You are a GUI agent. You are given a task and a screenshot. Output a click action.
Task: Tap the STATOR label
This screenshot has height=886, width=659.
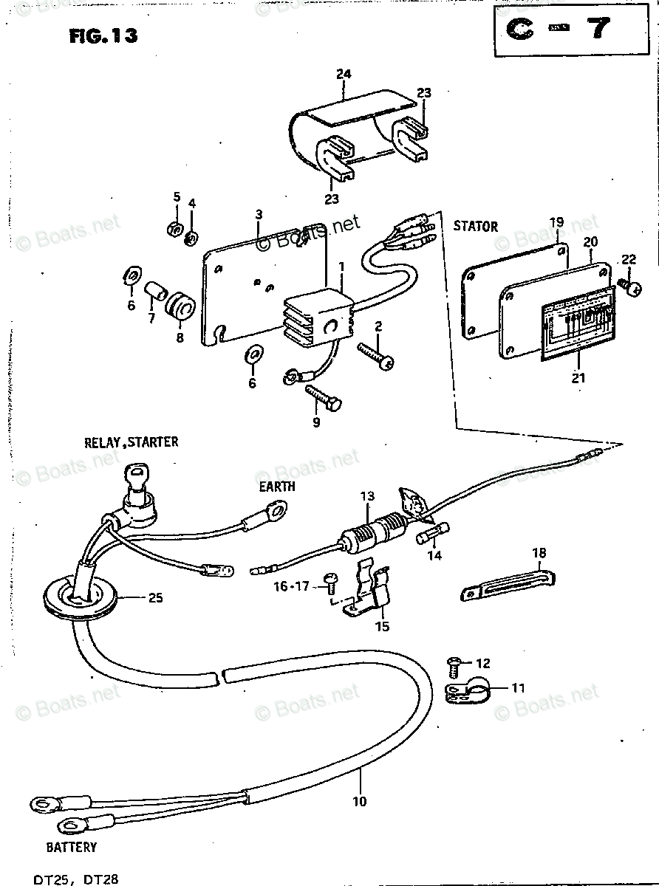click(475, 227)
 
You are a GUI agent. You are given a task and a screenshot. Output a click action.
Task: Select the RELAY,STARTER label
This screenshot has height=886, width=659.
click(131, 443)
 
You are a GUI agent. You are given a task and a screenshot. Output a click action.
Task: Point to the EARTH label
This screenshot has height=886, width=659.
click(277, 487)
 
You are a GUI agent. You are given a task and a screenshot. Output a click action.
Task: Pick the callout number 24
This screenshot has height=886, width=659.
click(343, 74)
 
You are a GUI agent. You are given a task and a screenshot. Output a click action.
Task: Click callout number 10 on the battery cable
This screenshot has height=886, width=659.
click(360, 801)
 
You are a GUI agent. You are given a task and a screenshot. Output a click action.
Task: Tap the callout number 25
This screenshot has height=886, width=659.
click(154, 598)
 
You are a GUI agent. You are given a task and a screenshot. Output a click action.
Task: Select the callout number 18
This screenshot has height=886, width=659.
click(539, 552)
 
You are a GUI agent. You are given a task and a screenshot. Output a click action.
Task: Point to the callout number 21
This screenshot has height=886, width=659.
click(578, 378)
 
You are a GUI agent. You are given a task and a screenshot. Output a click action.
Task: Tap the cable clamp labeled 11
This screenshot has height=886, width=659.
click(467, 690)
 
